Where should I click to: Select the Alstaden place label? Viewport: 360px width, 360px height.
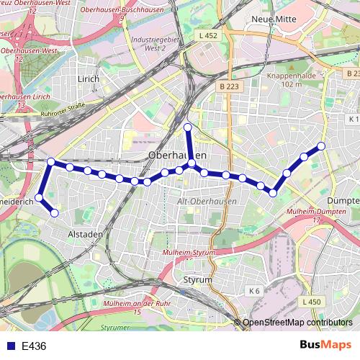(x=86, y=234)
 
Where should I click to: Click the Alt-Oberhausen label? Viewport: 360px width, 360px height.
(x=206, y=202)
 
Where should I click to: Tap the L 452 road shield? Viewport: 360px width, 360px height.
(x=207, y=35)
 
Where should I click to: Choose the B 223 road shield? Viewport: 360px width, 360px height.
(x=229, y=86)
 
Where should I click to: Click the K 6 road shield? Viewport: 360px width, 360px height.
(x=253, y=290)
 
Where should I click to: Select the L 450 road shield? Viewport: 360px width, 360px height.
(x=311, y=301)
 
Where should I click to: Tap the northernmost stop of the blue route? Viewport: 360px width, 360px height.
(x=188, y=127)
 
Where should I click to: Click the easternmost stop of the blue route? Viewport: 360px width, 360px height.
(x=321, y=146)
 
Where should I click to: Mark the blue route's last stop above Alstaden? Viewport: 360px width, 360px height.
(x=54, y=212)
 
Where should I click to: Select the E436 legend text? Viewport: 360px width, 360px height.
(x=34, y=346)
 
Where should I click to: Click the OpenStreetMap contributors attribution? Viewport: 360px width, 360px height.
(x=297, y=323)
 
